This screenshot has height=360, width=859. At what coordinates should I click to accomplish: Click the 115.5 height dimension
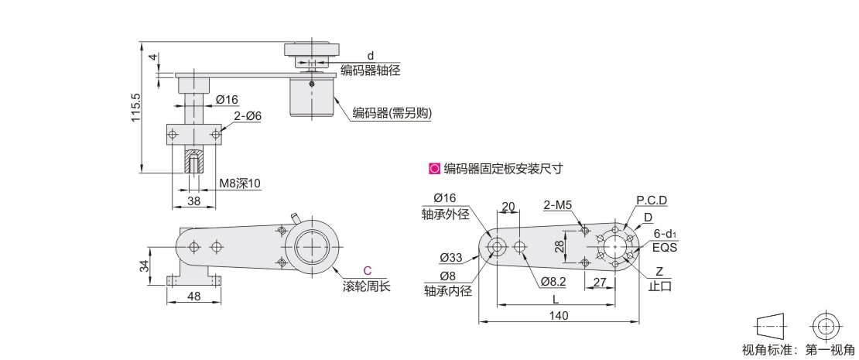pyautogui.click(x=135, y=108)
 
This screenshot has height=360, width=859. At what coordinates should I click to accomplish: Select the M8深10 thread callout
pyautogui.click(x=240, y=183)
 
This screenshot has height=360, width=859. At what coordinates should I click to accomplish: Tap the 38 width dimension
pyautogui.click(x=183, y=200)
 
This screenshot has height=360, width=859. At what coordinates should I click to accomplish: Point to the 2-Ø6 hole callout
pyautogui.click(x=248, y=115)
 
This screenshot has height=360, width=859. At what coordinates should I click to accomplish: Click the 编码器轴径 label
pyautogui.click(x=371, y=70)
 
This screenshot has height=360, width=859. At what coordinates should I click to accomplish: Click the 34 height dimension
pyautogui.click(x=144, y=266)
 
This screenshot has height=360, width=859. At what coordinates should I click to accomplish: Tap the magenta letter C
pyautogui.click(x=367, y=271)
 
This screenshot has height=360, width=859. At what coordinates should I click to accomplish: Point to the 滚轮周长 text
pyautogui.click(x=367, y=286)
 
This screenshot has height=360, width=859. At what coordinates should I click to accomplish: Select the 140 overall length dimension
pyautogui.click(x=559, y=315)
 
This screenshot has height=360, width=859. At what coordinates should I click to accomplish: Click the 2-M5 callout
pyautogui.click(x=557, y=205)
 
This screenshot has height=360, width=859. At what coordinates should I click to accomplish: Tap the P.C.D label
pyautogui.click(x=652, y=201)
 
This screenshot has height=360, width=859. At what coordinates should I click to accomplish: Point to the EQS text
pyautogui.click(x=665, y=248)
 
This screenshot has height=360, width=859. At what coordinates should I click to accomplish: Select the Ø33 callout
pyautogui.click(x=452, y=257)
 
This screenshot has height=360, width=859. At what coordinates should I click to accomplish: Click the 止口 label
pyautogui.click(x=659, y=286)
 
